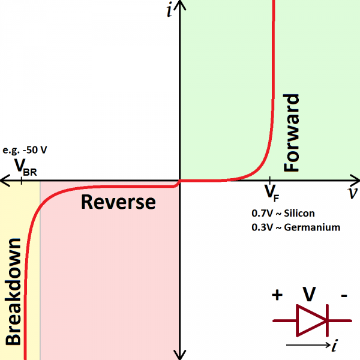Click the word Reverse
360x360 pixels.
tap(118, 202)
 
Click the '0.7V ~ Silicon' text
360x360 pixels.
tap(283, 213)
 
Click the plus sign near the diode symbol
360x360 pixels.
tap(277, 295)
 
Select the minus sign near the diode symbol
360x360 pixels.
tap(343, 295)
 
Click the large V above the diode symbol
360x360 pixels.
tap(309, 295)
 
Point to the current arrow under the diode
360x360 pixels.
tap(307, 345)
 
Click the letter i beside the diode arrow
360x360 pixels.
tap(335, 345)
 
